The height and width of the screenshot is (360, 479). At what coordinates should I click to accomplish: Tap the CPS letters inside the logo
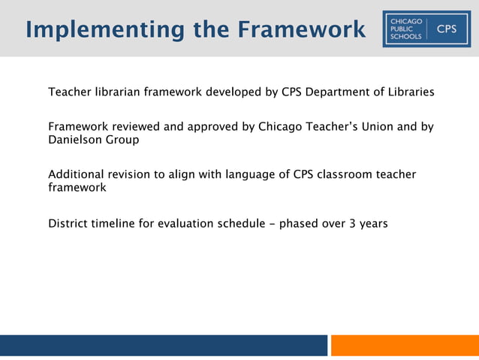tap(446, 29)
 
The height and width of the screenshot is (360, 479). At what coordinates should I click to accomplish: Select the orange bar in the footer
tap(405, 346)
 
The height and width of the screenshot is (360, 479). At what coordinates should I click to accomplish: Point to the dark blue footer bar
tap(164, 346)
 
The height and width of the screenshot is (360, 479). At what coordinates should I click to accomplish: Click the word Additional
tap(76, 175)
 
